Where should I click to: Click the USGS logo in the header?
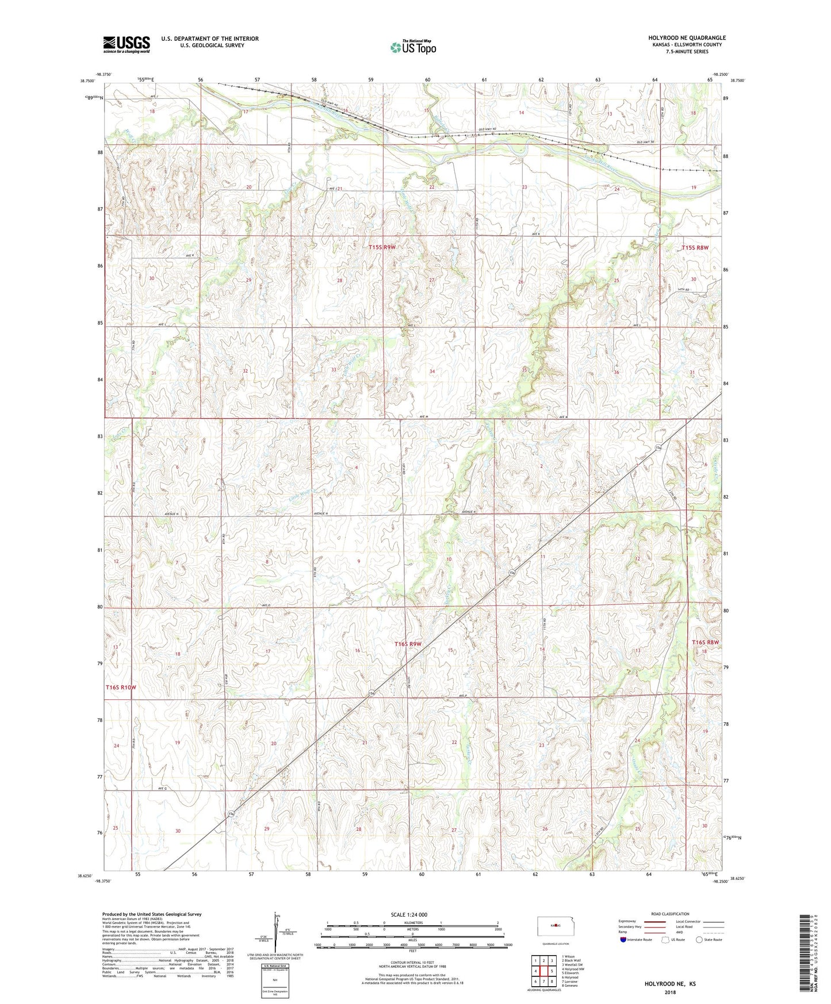(x=127, y=44)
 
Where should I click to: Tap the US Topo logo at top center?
(x=413, y=47)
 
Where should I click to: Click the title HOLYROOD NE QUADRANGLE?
(x=687, y=38)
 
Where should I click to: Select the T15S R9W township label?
(x=382, y=247)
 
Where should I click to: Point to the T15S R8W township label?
(x=695, y=248)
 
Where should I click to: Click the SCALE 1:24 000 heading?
(x=409, y=915)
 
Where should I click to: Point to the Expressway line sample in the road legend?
(x=654, y=921)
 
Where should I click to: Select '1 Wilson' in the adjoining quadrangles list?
(x=568, y=957)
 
